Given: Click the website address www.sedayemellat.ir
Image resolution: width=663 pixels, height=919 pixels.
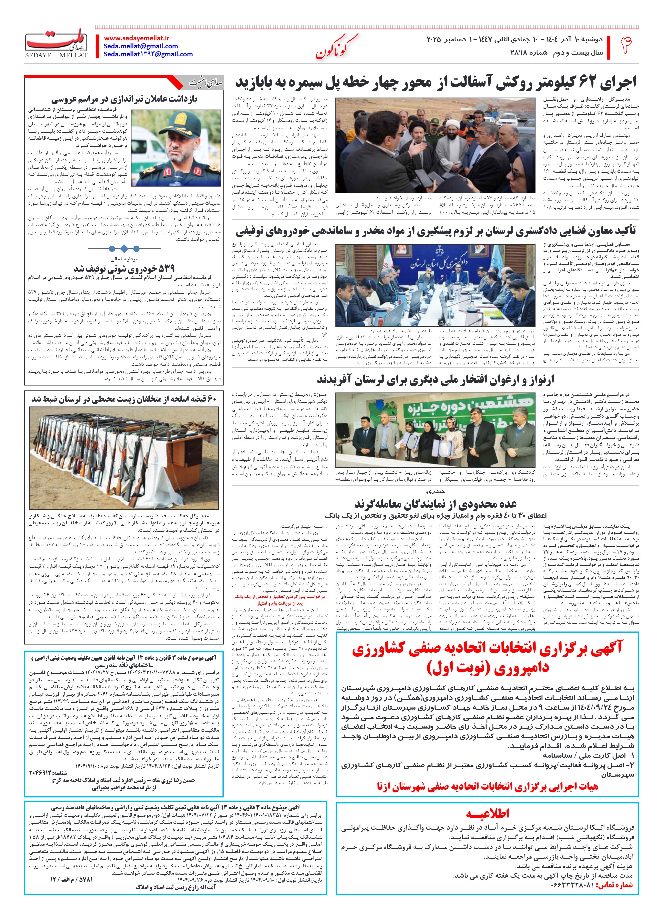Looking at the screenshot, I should tap(137, 38).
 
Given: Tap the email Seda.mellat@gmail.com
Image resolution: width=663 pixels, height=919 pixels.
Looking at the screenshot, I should tap(141, 46).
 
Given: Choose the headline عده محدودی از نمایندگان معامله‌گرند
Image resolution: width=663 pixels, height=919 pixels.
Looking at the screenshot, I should tap(435, 504).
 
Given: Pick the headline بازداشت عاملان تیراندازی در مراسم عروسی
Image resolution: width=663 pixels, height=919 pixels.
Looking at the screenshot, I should tap(124, 99).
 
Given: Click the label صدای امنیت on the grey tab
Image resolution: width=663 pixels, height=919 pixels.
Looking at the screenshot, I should tap(206, 83).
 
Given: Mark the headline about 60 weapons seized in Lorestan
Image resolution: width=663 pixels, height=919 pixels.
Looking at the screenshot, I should tap(124, 399).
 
